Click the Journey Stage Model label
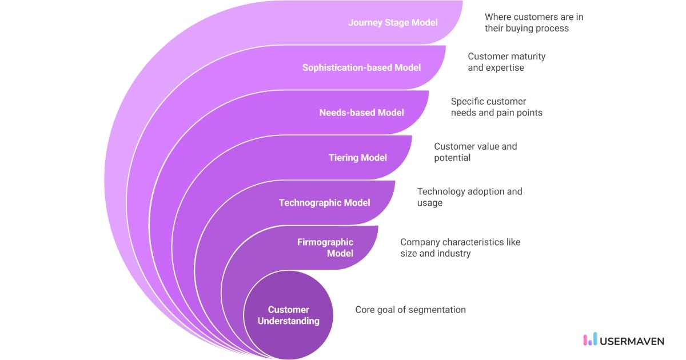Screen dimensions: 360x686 [x=393, y=23]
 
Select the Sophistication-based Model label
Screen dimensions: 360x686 [x=361, y=67]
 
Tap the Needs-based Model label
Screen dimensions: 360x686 [x=361, y=113]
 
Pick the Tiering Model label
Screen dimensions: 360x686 [x=357, y=158]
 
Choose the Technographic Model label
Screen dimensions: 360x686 [x=324, y=203]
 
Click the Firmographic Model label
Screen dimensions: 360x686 [x=325, y=247]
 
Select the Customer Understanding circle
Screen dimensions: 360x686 [x=289, y=315]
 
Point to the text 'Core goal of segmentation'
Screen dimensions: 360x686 [x=410, y=310]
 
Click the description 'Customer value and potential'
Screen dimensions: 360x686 [x=475, y=152]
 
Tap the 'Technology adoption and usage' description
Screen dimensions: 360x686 [x=469, y=197]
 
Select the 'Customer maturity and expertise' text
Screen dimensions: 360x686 [x=506, y=62]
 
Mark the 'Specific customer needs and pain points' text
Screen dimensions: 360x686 [x=496, y=107]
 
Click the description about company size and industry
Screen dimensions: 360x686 [x=460, y=247]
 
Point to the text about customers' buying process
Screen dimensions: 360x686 [x=533, y=23]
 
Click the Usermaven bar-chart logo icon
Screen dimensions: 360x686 [x=589, y=340]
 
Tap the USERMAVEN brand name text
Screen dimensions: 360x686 [x=632, y=341]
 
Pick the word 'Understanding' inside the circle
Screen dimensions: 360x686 [x=289, y=321]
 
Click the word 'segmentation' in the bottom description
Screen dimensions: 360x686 [x=438, y=310]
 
